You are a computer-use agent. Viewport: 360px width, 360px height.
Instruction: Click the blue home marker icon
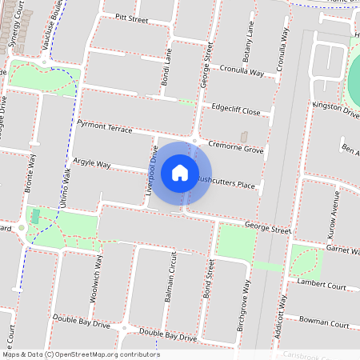click(x=180, y=172)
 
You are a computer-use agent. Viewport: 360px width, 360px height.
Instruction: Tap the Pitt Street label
click(x=131, y=17)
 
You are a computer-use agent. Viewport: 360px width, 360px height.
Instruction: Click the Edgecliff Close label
click(x=236, y=110)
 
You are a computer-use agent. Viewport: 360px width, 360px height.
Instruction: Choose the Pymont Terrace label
click(x=105, y=127)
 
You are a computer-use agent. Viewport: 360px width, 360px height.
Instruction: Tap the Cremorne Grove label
click(x=235, y=150)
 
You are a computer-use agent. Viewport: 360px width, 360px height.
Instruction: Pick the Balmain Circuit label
click(x=170, y=278)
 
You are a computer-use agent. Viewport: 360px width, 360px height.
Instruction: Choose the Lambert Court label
click(x=321, y=286)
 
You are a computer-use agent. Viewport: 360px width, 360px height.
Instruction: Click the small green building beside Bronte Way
click(x=34, y=216)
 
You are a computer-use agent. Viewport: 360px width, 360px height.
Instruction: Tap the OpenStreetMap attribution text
click(x=81, y=354)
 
